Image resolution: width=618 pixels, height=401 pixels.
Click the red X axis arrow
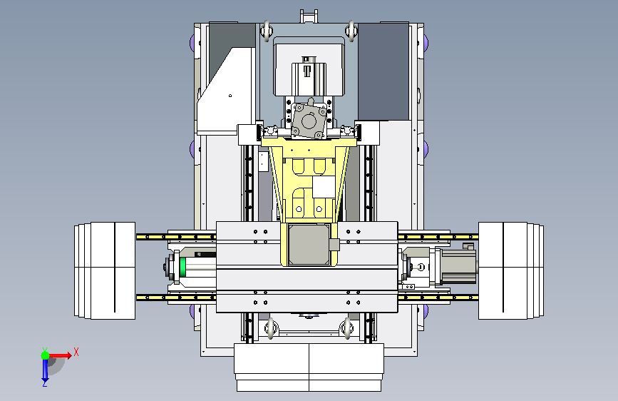60,355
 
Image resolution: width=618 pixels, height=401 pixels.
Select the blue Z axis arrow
45,370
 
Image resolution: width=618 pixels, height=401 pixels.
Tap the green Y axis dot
45,355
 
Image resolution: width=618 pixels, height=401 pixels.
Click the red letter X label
76,352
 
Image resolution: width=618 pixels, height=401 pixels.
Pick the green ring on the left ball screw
182,267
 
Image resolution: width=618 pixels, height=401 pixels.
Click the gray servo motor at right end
456,266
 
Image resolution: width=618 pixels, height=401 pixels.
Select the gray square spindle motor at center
309,245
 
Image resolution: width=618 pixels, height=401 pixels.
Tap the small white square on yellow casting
324,187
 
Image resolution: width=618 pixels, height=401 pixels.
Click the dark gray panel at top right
383,71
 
